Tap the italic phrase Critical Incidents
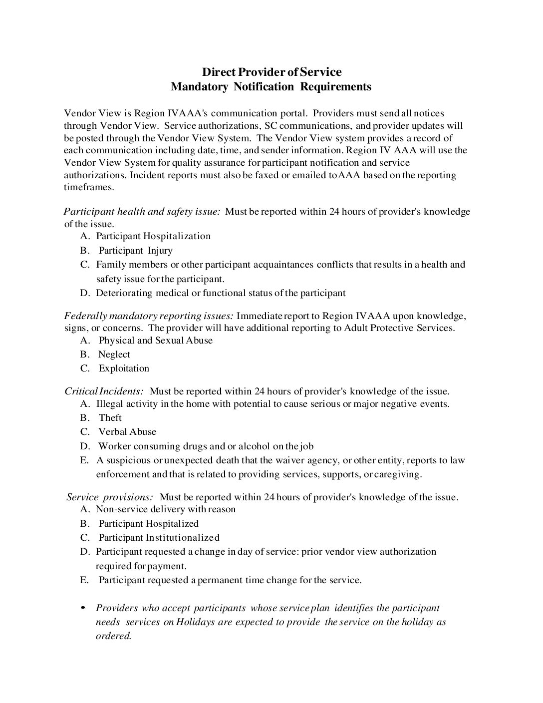(x=104, y=391)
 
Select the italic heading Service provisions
(x=110, y=497)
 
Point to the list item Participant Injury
(x=135, y=251)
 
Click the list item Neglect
(x=114, y=354)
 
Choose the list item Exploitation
(x=124, y=368)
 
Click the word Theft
(x=110, y=418)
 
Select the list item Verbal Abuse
(x=127, y=432)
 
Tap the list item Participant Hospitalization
(x=153, y=236)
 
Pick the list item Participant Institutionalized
(x=159, y=538)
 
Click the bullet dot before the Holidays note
(x=83, y=608)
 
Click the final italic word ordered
(x=113, y=636)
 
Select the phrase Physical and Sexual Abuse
(x=155, y=341)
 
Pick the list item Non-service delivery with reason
(x=166, y=509)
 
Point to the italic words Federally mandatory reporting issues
(x=149, y=316)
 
